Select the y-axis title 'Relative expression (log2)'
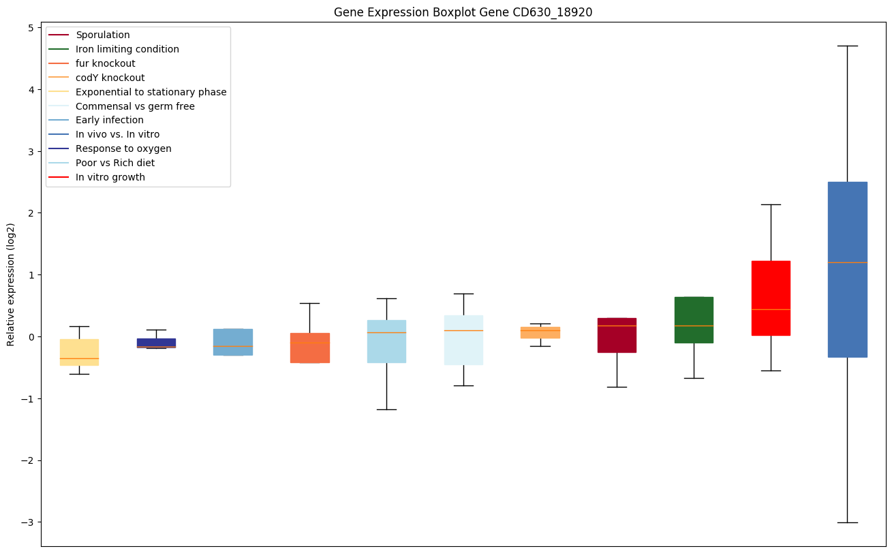point(11,284)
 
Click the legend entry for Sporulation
point(103,35)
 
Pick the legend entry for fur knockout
point(106,63)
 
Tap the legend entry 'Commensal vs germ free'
point(135,106)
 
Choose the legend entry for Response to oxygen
point(123,148)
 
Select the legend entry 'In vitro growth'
point(110,177)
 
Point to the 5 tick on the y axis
point(31,28)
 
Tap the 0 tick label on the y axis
point(31,337)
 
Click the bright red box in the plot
point(771,298)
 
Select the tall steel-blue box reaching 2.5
point(847,269)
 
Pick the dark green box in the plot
point(694,319)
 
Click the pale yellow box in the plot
point(79,352)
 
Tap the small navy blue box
point(156,343)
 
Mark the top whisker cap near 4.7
point(847,46)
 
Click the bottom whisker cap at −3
point(847,522)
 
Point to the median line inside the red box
point(771,309)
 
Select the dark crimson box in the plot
point(617,335)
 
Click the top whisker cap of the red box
point(771,204)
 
